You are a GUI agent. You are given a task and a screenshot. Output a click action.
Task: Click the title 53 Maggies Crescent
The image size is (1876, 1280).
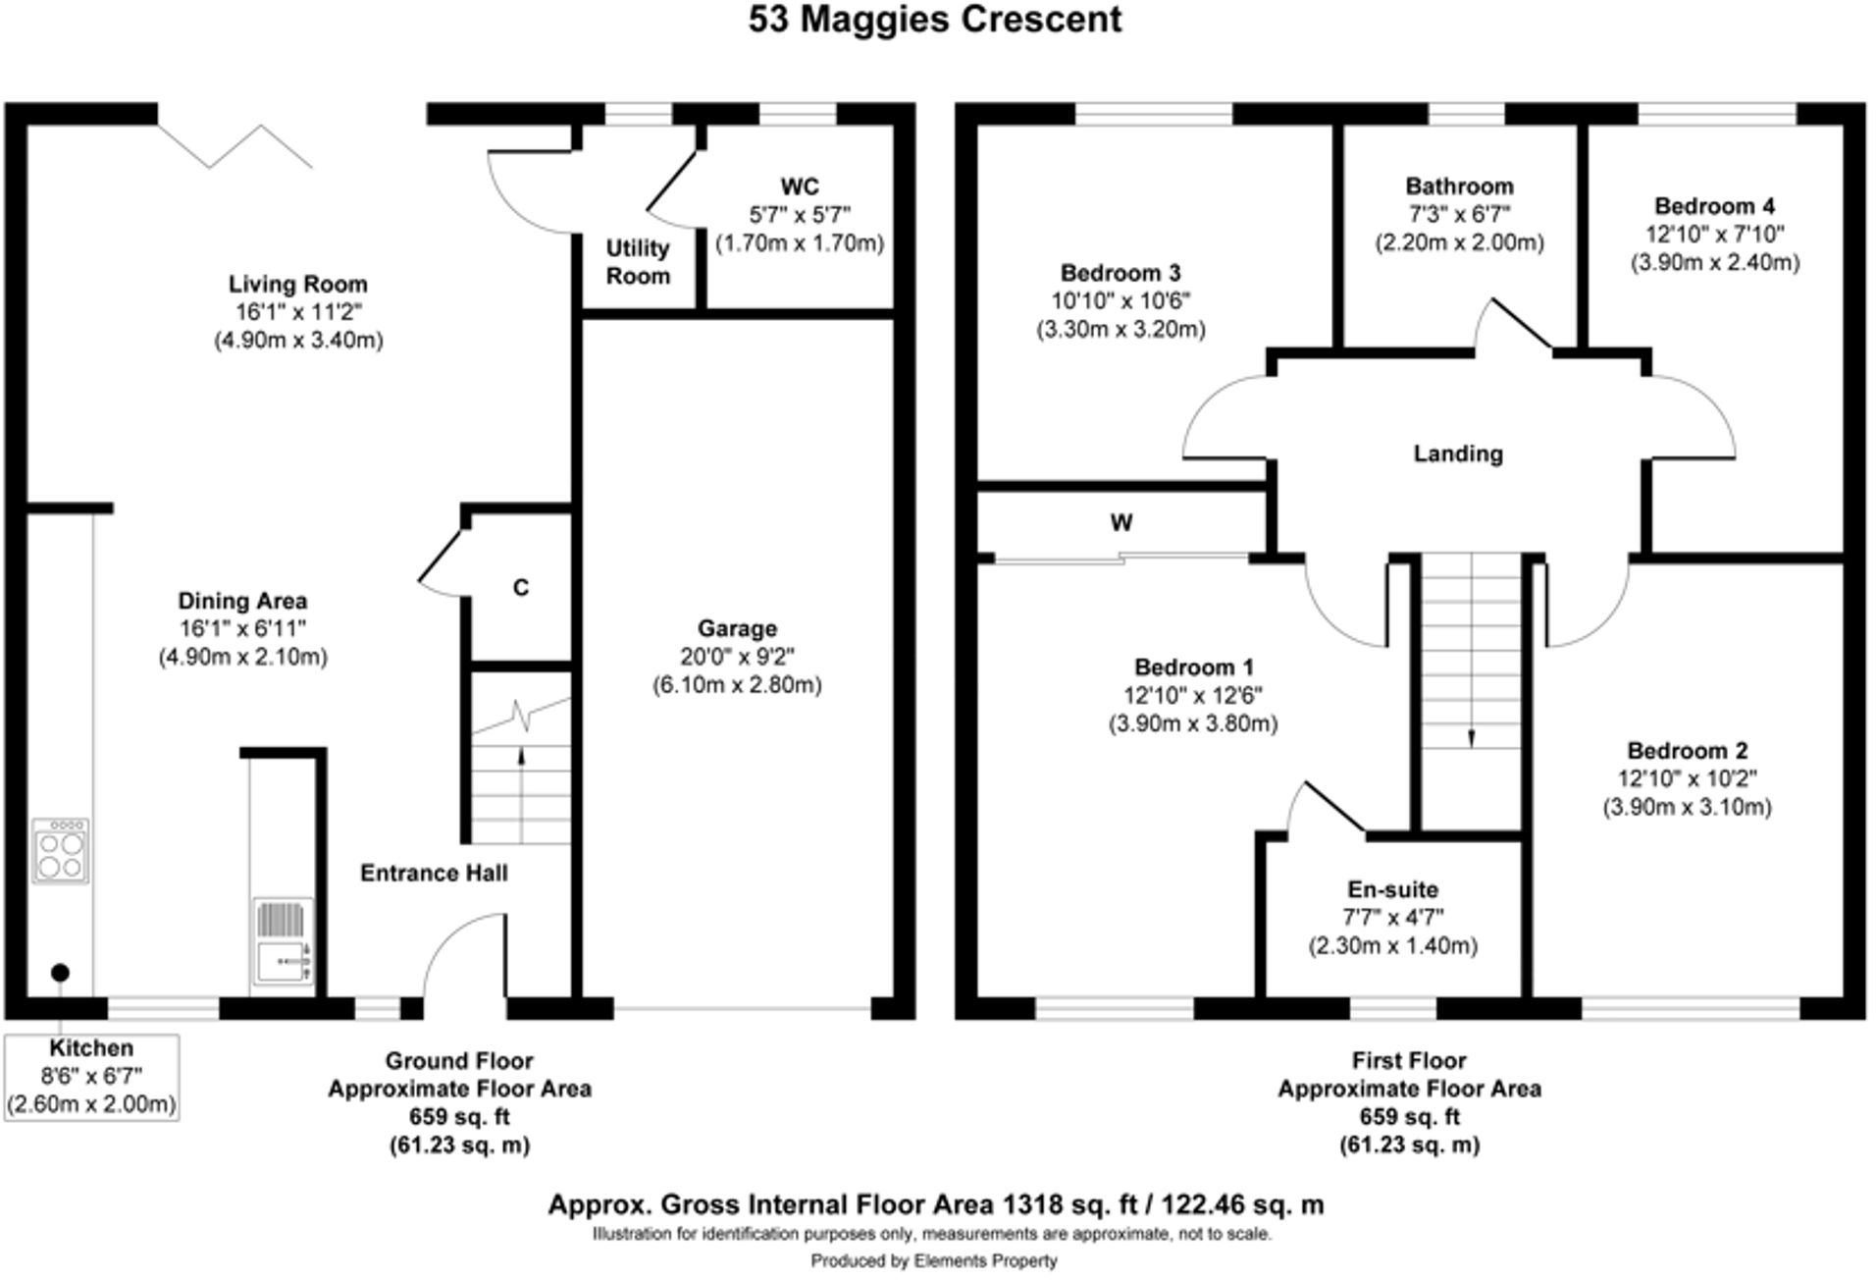click(935, 20)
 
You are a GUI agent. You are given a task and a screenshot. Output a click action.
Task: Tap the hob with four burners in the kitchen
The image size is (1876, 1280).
click(61, 850)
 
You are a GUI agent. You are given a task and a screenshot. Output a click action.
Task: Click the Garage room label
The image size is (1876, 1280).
click(737, 628)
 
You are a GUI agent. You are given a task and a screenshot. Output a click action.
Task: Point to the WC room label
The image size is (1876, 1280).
click(800, 187)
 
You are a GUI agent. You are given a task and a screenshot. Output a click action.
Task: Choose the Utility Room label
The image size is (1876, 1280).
click(638, 262)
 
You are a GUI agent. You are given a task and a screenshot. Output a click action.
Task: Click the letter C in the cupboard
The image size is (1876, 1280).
click(521, 588)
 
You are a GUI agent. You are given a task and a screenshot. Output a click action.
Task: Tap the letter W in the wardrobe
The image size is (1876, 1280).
click(1121, 522)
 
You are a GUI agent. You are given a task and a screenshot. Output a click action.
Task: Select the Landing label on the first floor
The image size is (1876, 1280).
click(1458, 453)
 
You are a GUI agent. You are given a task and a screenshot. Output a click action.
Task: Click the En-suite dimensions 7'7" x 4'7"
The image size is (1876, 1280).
click(1393, 918)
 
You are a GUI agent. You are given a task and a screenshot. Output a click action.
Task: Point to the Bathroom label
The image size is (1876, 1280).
click(1459, 187)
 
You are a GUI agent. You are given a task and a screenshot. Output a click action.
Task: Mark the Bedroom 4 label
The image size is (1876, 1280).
click(1714, 206)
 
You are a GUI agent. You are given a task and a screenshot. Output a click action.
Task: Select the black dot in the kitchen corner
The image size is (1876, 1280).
click(60, 973)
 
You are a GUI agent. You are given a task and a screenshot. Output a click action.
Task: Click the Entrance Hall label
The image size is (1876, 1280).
click(434, 873)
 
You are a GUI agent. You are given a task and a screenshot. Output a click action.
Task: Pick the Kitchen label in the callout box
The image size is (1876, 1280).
click(91, 1048)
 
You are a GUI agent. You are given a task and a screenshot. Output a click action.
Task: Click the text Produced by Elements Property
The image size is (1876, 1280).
click(934, 1260)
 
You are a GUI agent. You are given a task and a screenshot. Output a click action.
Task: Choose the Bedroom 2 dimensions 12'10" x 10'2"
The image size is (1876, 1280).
click(1688, 779)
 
